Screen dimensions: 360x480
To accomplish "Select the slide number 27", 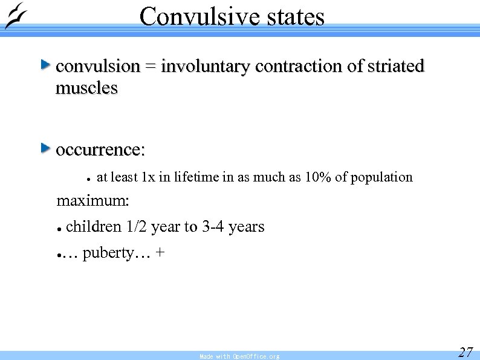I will tap(465, 352).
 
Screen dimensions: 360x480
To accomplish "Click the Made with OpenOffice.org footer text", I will tap(239, 356).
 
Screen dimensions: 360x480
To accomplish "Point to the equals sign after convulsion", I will tap(151, 67).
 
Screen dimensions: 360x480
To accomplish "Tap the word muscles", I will tap(86, 88).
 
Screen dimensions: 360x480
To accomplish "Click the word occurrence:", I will tap(100, 149).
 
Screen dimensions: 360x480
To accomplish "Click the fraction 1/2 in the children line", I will tap(136, 227).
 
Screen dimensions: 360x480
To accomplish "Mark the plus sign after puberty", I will tap(159, 253).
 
